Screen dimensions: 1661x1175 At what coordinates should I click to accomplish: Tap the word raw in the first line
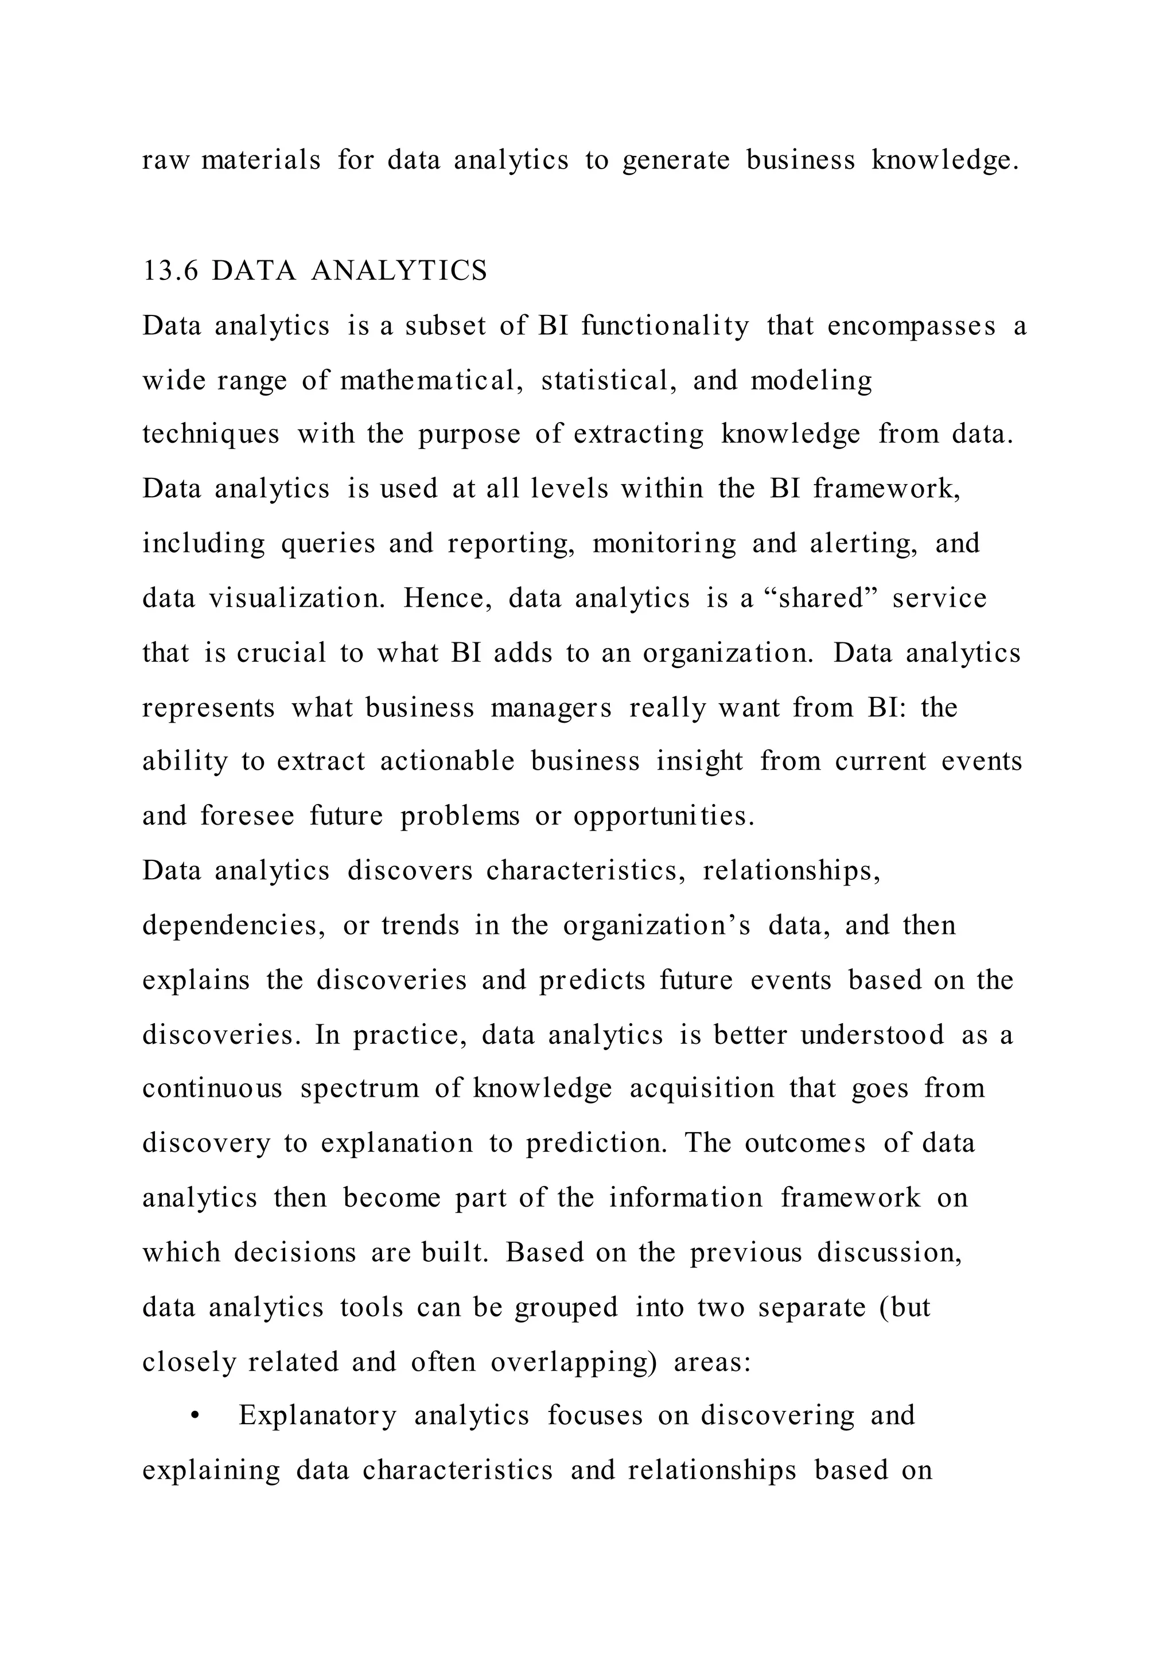pos(166,160)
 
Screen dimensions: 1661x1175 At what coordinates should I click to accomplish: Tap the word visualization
pos(297,598)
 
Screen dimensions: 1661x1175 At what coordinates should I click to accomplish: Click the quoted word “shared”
pos(820,598)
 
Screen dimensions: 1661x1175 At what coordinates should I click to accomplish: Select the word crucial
pos(282,653)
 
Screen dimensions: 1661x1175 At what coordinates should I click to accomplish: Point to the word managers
pos(551,708)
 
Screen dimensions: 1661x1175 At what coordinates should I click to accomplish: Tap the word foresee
pos(247,816)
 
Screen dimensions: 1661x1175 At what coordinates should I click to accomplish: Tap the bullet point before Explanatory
pos(194,1417)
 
